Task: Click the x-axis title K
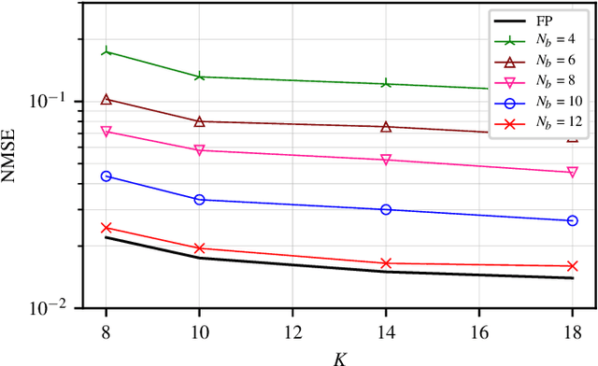339,356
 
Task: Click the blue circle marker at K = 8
106,176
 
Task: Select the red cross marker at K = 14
386,263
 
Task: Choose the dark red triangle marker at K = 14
386,126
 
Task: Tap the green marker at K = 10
198,77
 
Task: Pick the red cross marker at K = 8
106,228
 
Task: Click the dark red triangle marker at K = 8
106,99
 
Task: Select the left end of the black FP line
106,237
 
